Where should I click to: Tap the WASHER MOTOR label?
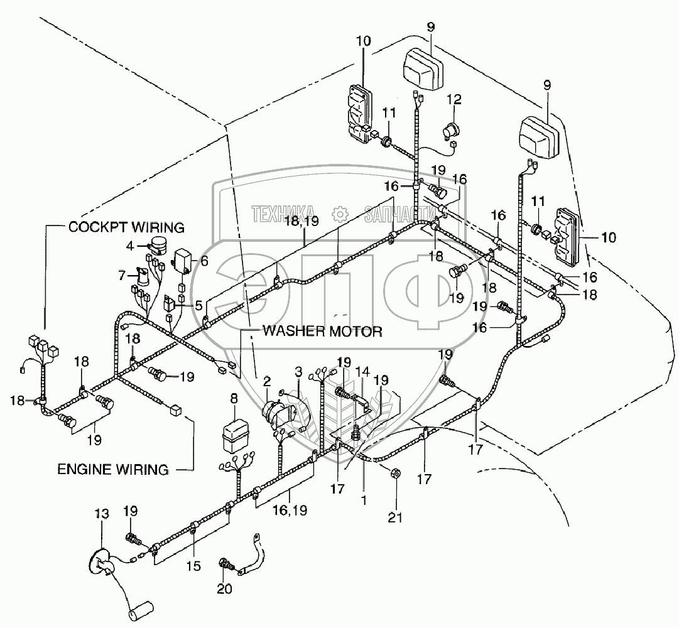coord(322,332)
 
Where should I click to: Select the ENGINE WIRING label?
coord(113,468)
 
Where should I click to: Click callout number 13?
coord(102,514)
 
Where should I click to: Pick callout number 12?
coord(454,99)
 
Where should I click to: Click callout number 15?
coord(193,566)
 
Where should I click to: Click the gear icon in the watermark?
coord(339,214)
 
